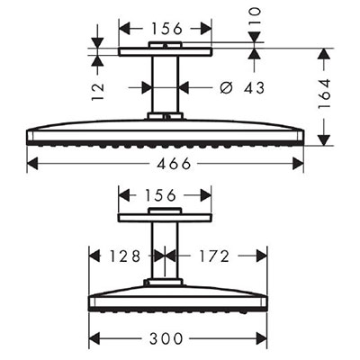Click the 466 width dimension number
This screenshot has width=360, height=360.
[174, 164]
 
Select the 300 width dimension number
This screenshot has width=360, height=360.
[166, 338]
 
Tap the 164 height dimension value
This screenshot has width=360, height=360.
[325, 94]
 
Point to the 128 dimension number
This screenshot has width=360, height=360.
[124, 256]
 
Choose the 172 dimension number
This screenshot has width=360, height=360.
[214, 256]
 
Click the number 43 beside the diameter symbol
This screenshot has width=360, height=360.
[254, 88]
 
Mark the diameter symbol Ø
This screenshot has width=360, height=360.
[226, 87]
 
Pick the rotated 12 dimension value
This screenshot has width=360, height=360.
[98, 92]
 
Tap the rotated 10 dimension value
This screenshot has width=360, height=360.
[255, 16]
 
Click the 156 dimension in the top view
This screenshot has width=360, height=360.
[166, 29]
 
